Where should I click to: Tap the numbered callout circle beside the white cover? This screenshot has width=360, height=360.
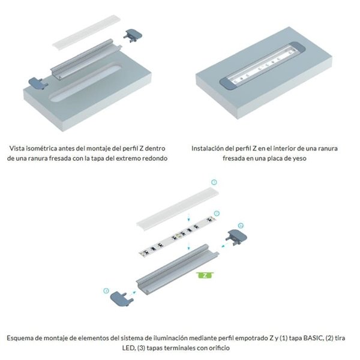pos(213,181)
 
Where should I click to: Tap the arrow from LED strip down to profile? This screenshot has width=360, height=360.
pos(190,247)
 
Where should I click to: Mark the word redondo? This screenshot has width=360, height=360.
pos(155,158)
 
